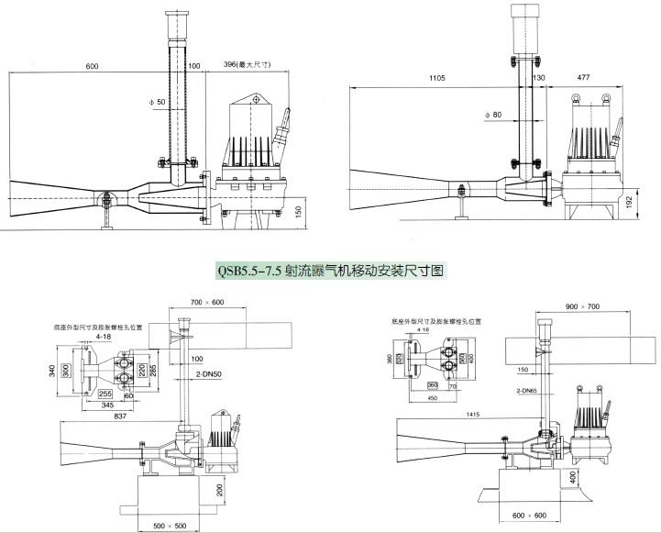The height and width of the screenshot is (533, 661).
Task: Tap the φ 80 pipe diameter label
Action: (x=493, y=115)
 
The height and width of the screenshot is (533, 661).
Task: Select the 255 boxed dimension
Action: (x=105, y=392)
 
